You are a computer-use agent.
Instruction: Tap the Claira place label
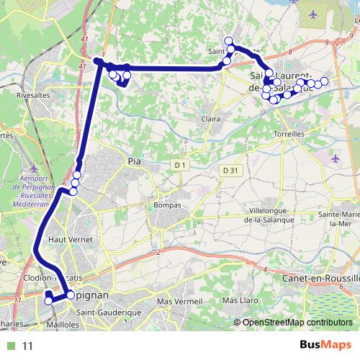click(211, 119)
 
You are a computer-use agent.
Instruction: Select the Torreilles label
click(290, 134)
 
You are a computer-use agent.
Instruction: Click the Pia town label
click(135, 161)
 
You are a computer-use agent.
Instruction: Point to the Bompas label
click(166, 205)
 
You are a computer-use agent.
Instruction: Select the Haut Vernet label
click(66, 238)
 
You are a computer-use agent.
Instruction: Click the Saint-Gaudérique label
click(110, 312)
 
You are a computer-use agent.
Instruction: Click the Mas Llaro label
click(240, 300)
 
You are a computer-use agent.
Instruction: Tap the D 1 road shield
click(180, 166)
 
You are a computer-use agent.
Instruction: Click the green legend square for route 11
click(9, 346)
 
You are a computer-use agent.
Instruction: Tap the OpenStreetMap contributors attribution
click(297, 323)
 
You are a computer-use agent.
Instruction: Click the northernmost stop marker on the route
click(229, 40)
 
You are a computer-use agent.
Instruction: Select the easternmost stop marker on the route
click(325, 81)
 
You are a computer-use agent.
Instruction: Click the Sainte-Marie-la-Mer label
click(340, 218)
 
